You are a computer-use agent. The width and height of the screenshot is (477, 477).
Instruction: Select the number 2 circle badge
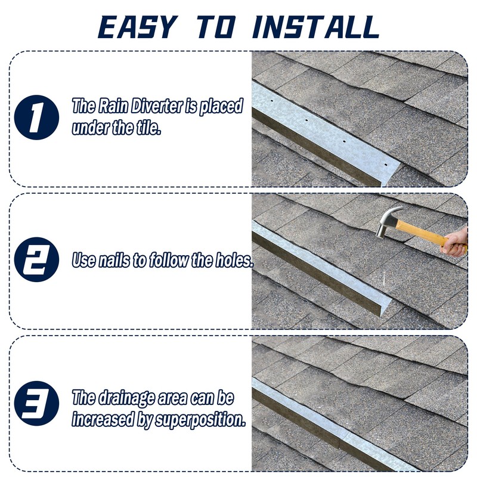pyautogui.click(x=38, y=260)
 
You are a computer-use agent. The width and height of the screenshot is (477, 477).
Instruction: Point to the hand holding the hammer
pyautogui.click(x=456, y=242)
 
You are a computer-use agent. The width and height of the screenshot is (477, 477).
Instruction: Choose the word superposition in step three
pyautogui.click(x=200, y=419)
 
